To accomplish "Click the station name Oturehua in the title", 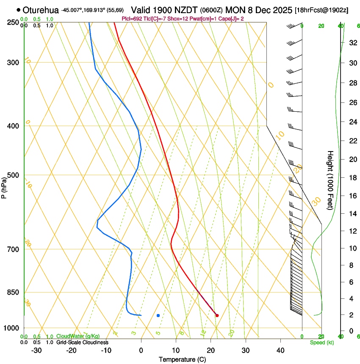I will tap(41, 10).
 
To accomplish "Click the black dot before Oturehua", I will tap(18, 10).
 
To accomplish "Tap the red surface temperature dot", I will tap(217, 315).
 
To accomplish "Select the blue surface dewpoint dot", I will tap(158, 315).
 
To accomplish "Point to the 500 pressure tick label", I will tap(14, 175).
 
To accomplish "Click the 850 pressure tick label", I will tap(14, 292).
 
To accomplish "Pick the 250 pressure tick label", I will tap(14, 22).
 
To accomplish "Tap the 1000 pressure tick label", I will tap(12, 328).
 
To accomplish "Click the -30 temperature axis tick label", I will tap(36, 350).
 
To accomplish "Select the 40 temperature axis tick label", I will tap(280, 350).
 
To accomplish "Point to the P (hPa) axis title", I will tap(4, 188).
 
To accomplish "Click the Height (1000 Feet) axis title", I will tap(331, 180).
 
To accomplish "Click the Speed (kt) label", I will tap(322, 342).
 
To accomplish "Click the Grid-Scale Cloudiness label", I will tap(82, 342).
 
